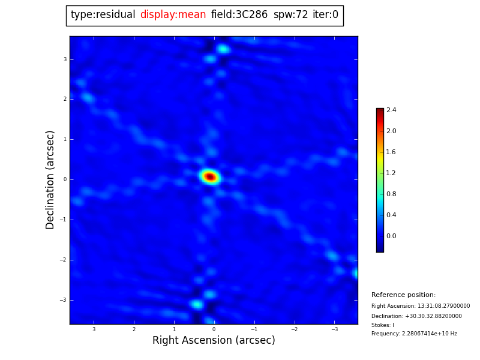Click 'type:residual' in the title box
click(103, 15)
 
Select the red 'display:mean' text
click(173, 15)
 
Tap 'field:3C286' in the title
click(239, 15)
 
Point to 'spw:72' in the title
click(290, 15)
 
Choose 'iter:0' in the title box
click(325, 15)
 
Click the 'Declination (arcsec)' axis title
click(50, 179)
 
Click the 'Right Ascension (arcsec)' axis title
click(214, 341)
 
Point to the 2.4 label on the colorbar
click(391, 110)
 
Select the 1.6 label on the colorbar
click(391, 152)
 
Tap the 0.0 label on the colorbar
click(391, 236)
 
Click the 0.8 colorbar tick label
click(391, 194)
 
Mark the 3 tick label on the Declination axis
click(65, 59)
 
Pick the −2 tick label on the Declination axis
click(64, 260)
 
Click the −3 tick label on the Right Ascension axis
click(334, 329)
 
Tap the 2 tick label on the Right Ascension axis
click(134, 329)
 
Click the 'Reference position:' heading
click(403, 295)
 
